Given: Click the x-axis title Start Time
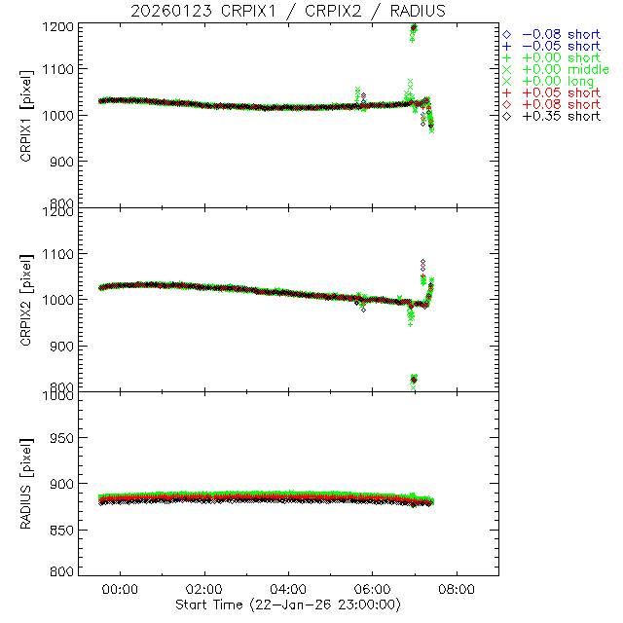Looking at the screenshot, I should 288,605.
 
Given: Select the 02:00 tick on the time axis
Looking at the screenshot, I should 204,590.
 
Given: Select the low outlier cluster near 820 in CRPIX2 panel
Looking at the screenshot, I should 414,380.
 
